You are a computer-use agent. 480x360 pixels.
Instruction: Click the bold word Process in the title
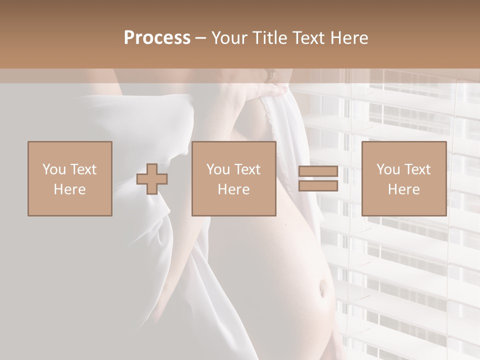pos(157,37)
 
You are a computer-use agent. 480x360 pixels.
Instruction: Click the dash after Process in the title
pos(201,38)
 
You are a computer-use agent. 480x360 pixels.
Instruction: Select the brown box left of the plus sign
pos(70,178)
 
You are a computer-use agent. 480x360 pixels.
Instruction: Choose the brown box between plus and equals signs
pos(234,178)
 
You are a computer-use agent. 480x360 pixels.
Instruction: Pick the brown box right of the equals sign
pos(404,178)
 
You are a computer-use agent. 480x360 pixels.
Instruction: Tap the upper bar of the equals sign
pos(318,171)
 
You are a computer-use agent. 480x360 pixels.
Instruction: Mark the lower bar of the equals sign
pos(318,185)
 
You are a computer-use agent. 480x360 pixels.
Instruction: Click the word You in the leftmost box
pos(53,169)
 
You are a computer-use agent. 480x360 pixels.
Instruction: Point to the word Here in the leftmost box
pos(70,189)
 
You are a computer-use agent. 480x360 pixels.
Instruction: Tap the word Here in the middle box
pos(234,189)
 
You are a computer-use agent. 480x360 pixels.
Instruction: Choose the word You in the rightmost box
pos(387,169)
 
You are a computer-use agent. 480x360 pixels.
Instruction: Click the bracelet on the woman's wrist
pos(271,75)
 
